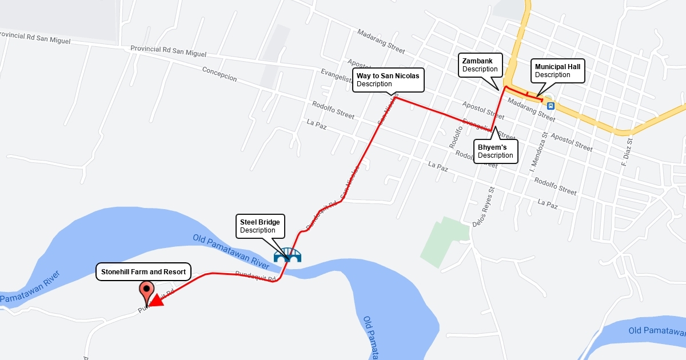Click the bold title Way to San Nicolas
coord(388,75)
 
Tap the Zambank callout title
coord(477,60)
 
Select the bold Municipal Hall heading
coord(557,66)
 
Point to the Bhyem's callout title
coord(492,147)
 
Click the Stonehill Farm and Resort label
coord(143,272)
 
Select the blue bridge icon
coord(288,255)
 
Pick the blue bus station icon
coord(551,106)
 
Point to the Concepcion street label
coord(220,74)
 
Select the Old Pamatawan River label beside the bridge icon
coord(230,251)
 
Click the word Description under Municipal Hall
coord(552,75)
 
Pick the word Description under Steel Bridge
coord(257,230)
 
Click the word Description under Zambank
coord(480,69)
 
